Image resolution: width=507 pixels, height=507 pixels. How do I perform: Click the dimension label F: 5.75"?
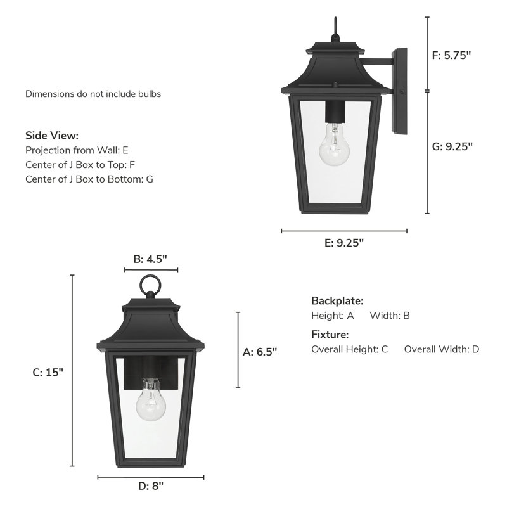[452, 55]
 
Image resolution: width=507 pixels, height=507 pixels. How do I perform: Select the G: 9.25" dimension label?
[452, 146]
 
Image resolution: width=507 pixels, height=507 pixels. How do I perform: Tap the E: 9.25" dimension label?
[344, 243]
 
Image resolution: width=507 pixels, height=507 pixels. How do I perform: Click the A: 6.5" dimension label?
[260, 351]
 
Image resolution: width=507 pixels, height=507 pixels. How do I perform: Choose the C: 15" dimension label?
[48, 373]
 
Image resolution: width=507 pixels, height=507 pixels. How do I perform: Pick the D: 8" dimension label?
[151, 487]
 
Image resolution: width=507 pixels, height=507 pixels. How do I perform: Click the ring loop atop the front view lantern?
[150, 285]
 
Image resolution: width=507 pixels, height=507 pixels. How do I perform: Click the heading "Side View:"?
[52, 136]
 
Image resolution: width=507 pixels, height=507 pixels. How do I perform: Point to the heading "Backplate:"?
[337, 300]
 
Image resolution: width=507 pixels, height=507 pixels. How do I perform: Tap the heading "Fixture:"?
[330, 335]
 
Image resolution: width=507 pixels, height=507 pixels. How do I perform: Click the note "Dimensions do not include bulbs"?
[93, 94]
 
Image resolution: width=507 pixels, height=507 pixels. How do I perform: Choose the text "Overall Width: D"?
[442, 349]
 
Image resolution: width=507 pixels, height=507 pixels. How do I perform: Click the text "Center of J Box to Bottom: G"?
[89, 179]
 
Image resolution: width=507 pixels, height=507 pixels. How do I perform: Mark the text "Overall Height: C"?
[349, 349]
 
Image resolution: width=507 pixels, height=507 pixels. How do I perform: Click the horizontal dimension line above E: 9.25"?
[344, 231]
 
